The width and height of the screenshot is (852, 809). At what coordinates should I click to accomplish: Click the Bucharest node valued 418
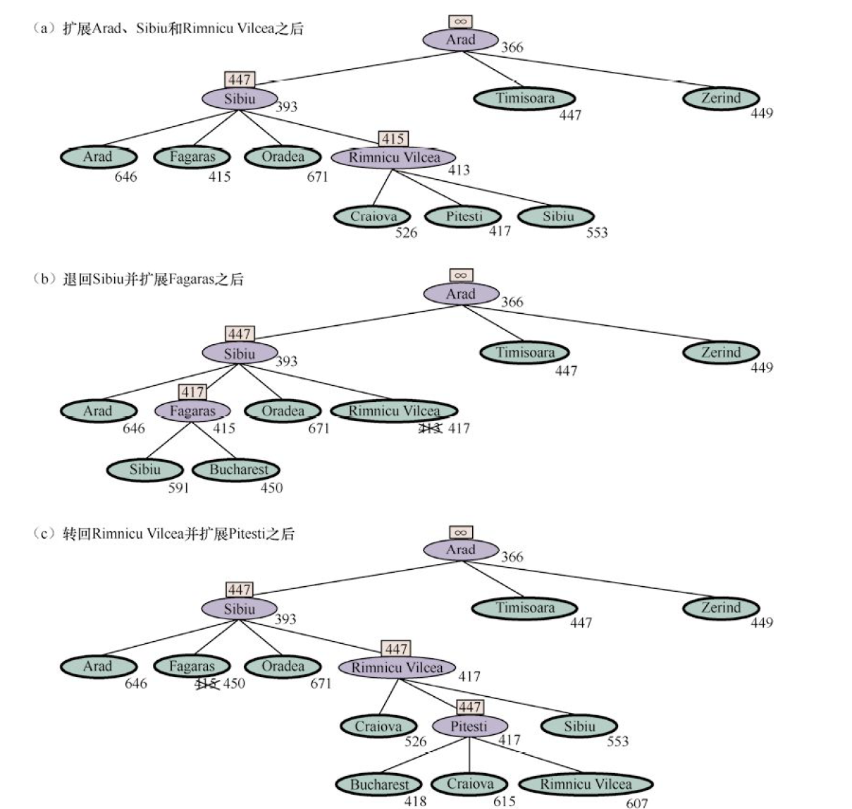point(379,784)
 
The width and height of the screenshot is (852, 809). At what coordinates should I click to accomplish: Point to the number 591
point(178,487)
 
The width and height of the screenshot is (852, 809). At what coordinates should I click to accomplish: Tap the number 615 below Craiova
point(504,801)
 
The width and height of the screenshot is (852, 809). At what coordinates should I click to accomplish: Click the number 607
point(636,803)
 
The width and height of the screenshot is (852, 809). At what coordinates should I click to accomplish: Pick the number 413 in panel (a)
point(459,170)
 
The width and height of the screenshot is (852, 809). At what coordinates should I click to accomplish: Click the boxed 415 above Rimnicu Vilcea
point(393,139)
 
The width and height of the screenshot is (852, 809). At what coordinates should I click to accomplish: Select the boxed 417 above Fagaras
point(192,392)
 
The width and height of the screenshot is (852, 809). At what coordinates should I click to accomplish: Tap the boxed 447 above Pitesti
point(469,707)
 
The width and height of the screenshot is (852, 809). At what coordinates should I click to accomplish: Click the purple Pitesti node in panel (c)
point(469,726)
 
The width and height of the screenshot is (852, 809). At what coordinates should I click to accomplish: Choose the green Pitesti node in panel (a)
point(464,217)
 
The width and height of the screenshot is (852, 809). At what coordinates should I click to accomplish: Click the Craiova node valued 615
point(470,784)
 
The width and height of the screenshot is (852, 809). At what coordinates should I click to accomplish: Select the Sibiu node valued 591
point(145,470)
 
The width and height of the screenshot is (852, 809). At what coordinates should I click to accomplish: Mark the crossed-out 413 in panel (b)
point(431,428)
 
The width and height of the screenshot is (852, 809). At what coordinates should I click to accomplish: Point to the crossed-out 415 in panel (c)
point(206,683)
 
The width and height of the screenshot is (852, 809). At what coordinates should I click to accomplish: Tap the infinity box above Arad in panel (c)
point(461,533)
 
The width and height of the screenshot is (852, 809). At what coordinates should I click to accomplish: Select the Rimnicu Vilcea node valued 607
point(586,784)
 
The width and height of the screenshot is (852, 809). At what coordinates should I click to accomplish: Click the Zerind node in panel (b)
point(721,352)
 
